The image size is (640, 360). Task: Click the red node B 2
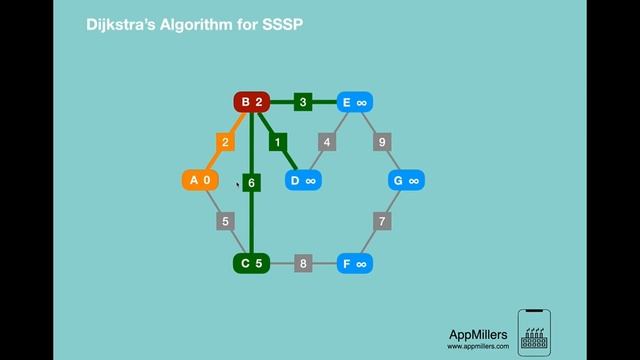[x=252, y=102]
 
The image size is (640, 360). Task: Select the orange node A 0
[x=200, y=180]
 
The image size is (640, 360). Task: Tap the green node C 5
[x=252, y=264]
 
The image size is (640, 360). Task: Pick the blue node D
[x=303, y=180]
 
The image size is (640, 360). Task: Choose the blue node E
[x=355, y=102]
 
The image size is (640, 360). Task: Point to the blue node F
[x=355, y=264]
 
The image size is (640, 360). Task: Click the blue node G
[x=407, y=180]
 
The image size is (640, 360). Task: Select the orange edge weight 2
[x=226, y=142]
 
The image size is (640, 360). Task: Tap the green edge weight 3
[x=303, y=102]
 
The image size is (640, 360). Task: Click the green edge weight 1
[x=278, y=142]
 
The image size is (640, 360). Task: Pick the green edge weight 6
[x=252, y=183]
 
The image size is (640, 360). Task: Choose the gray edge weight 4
[x=327, y=142]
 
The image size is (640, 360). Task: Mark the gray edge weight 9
[x=382, y=142]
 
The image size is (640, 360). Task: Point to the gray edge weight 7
[x=382, y=220]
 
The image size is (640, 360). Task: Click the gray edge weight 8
[x=303, y=264]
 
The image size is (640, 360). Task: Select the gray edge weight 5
[x=226, y=220]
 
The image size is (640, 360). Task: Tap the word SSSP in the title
[x=282, y=22]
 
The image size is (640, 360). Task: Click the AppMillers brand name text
[x=478, y=335]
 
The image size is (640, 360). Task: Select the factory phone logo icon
[x=535, y=331]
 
